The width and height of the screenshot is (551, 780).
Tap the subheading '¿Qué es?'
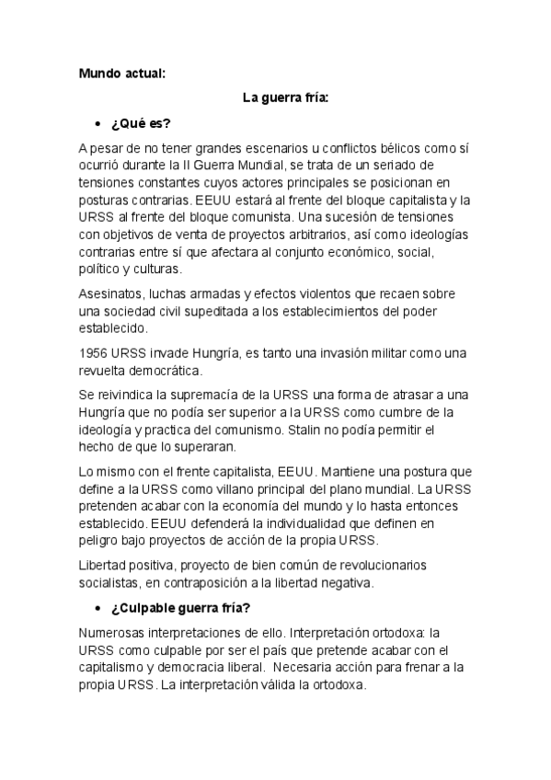pos(141,122)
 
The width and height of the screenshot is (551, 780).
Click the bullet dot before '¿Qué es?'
pos(97,123)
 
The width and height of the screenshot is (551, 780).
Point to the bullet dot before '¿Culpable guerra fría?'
pos(97,609)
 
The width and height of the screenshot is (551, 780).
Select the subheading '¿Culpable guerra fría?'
pos(183,609)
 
